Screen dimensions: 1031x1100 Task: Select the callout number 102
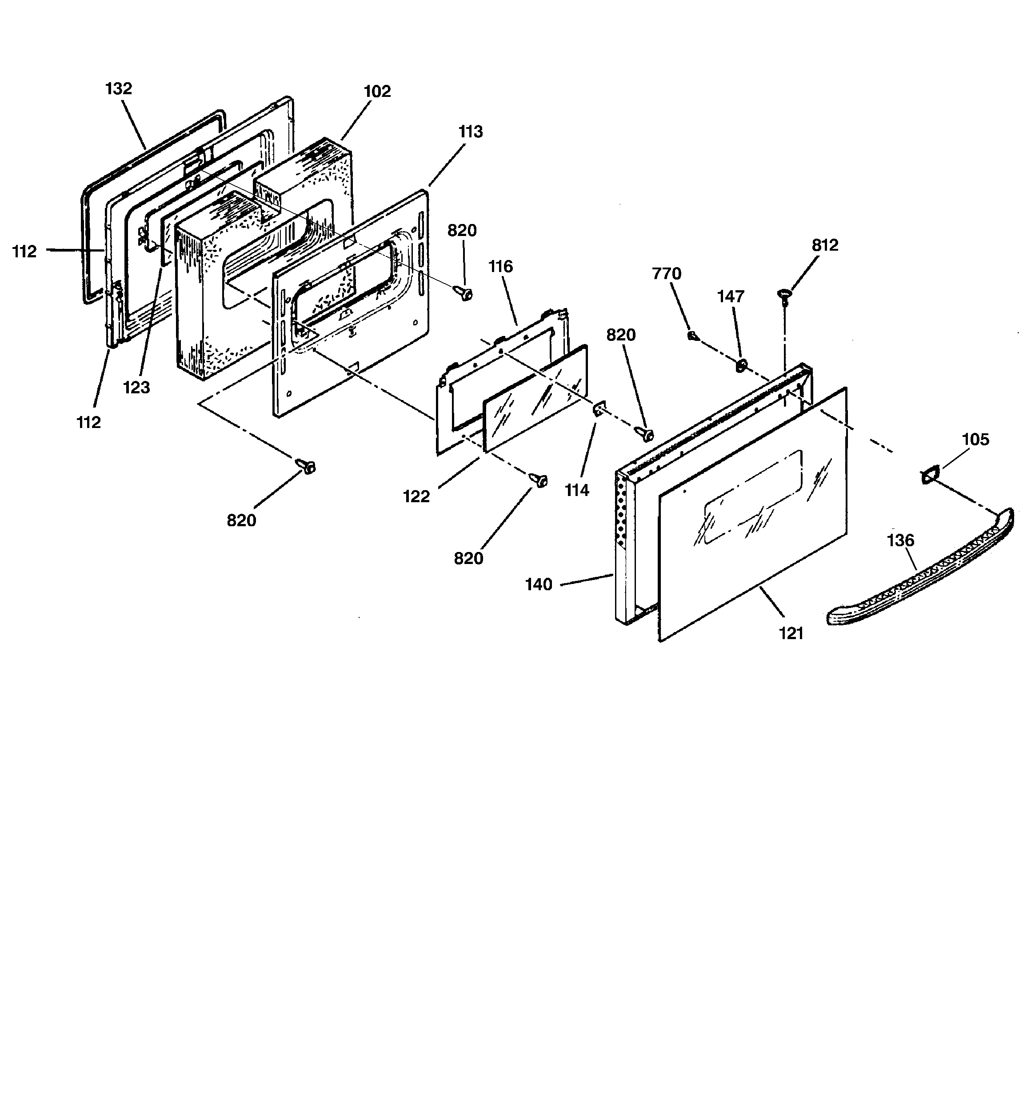[377, 91]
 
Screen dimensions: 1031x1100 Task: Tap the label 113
[471, 132]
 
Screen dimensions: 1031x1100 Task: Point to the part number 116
[501, 266]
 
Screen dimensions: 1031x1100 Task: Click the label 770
[667, 273]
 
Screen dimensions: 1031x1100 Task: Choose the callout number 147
[731, 296]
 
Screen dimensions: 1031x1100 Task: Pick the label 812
[825, 245]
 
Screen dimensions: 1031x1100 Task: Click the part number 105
[975, 440]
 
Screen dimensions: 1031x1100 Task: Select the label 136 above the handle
[901, 540]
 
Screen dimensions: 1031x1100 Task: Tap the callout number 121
[791, 633]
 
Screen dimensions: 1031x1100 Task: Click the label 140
[539, 584]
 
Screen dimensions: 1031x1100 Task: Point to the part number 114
[577, 490]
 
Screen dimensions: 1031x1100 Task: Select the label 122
[417, 496]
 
